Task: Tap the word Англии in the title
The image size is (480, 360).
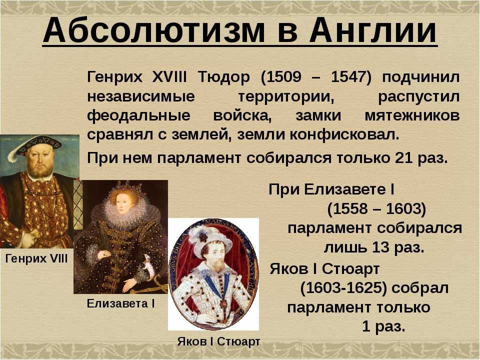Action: pyautogui.click(x=373, y=30)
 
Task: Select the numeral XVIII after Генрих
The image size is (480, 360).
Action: pyautogui.click(x=169, y=76)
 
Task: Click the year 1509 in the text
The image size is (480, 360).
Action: pyautogui.click(x=284, y=76)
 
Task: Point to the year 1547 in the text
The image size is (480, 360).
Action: pyautogui.click(x=348, y=76)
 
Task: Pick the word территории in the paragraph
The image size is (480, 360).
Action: pyautogui.click(x=286, y=96)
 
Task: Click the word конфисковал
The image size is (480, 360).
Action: pyautogui.click(x=344, y=134)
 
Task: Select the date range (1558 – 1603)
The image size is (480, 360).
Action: pyautogui.click(x=376, y=209)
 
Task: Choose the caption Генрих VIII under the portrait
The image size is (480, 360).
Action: pyautogui.click(x=36, y=259)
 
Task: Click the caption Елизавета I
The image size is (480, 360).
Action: pyautogui.click(x=121, y=303)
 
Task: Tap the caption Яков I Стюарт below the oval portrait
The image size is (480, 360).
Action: pyautogui.click(x=218, y=341)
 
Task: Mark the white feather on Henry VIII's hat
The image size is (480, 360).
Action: pyautogui.click(x=14, y=153)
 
